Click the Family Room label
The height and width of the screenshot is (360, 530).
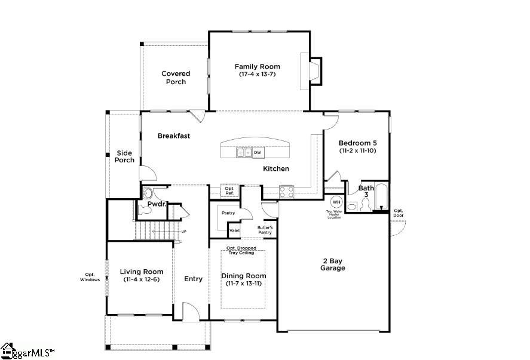(x=257, y=67)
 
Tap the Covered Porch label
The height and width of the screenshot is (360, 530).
(x=176, y=78)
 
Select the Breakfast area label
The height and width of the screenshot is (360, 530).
(x=174, y=136)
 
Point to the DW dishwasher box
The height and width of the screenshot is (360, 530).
(x=258, y=153)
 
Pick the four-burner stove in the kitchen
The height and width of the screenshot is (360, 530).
(x=286, y=192)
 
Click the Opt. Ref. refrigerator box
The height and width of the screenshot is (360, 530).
(x=229, y=191)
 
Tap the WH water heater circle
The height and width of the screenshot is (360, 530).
(x=336, y=202)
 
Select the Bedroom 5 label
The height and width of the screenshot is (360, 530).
(x=357, y=143)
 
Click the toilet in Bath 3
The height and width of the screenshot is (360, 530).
(x=352, y=207)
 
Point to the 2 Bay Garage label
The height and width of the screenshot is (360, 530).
(x=332, y=264)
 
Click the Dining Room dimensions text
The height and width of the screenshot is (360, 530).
(x=244, y=284)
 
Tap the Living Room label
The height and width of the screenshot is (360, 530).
(x=142, y=272)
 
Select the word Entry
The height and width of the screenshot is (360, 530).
(x=193, y=279)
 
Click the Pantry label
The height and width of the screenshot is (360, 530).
(x=228, y=213)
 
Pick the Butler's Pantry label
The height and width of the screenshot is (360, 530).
(x=265, y=229)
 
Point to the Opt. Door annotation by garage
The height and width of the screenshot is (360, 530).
(x=399, y=213)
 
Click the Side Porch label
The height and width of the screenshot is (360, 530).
(x=124, y=156)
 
